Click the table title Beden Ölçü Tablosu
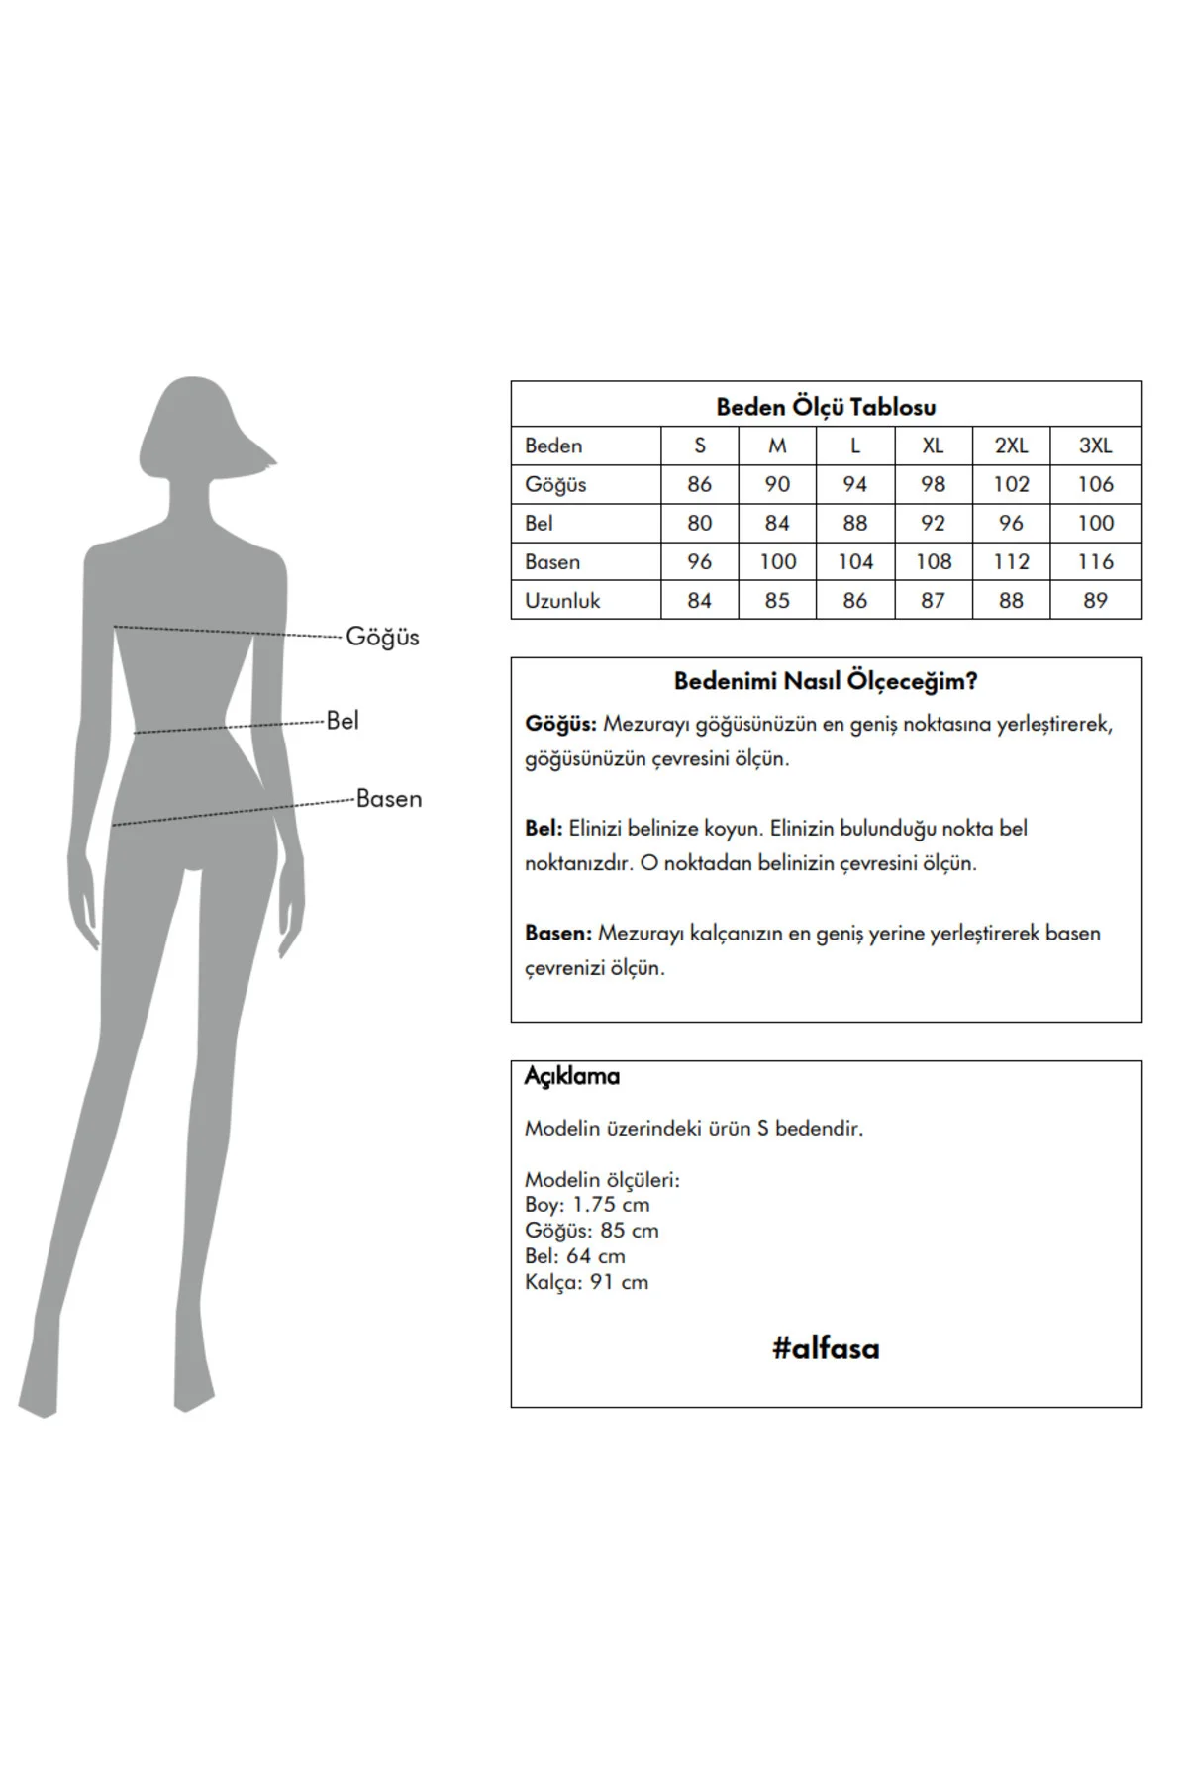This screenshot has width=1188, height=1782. tap(826, 407)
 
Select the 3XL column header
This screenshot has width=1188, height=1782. tap(1095, 445)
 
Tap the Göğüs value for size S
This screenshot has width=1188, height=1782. tap(699, 484)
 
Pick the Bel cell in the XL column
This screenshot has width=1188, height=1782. tap(933, 523)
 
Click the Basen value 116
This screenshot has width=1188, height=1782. tap(1095, 561)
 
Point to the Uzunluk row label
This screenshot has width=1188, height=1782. tap(562, 600)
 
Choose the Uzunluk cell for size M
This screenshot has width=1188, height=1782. tap(777, 600)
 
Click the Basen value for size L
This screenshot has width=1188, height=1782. tap(855, 561)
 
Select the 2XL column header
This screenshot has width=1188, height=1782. tap(1011, 445)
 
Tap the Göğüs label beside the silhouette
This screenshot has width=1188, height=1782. tap(382, 637)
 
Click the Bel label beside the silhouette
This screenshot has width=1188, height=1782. tap(343, 720)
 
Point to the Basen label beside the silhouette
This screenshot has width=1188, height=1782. tap(389, 798)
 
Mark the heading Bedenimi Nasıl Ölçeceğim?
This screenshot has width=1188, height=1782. tap(826, 681)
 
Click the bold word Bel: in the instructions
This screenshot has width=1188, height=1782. tap(544, 828)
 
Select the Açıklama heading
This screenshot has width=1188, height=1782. tap(572, 1076)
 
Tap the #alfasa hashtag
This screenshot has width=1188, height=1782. tap(826, 1348)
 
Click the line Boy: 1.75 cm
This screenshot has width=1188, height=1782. tap(587, 1205)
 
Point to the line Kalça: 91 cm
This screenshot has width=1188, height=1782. tap(586, 1282)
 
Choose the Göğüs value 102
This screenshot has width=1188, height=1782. tap(1011, 484)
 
